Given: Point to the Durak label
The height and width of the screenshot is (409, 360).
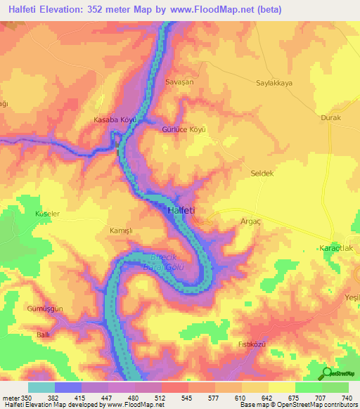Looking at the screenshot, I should pyautogui.click(x=330, y=118).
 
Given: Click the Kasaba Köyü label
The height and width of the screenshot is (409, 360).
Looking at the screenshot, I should pyautogui.click(x=115, y=120).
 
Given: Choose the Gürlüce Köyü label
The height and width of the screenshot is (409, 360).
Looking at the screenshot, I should pyautogui.click(x=184, y=130).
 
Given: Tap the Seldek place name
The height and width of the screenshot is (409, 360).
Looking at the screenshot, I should pyautogui.click(x=262, y=173).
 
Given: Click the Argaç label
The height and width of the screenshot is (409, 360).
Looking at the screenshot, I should pyautogui.click(x=250, y=221).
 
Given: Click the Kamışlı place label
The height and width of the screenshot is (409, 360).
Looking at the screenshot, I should pyautogui.click(x=102, y=231).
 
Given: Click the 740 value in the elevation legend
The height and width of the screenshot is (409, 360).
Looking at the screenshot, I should pyautogui.click(x=347, y=397).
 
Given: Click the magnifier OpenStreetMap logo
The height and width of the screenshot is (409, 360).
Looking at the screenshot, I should pyautogui.click(x=327, y=373).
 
